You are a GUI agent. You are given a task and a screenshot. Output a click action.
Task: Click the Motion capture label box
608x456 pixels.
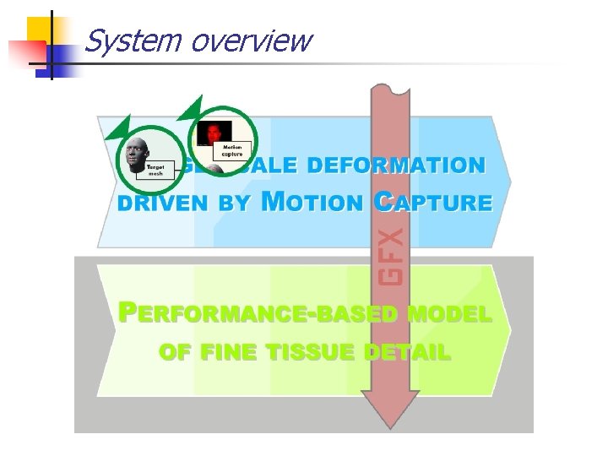click(x=232, y=150)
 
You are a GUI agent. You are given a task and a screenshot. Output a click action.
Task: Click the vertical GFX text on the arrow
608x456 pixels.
click(x=390, y=251)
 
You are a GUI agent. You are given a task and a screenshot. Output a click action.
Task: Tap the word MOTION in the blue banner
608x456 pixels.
click(x=312, y=202)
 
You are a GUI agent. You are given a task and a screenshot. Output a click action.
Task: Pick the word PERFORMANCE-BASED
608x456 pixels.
click(x=258, y=314)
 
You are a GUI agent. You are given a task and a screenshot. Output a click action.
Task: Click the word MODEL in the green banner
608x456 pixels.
click(x=449, y=314)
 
